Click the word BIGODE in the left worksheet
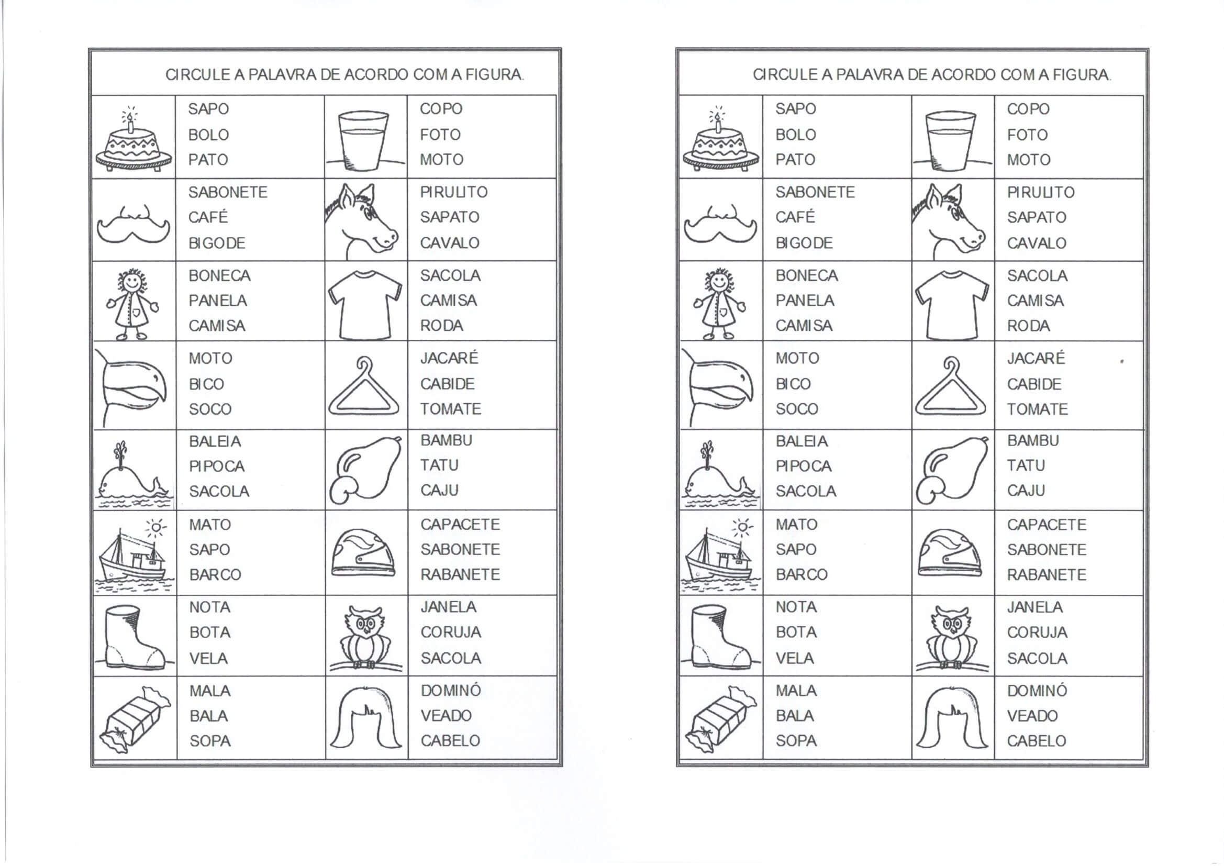coord(216,243)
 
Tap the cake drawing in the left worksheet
coord(133,144)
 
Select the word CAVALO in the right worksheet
coord(1037,243)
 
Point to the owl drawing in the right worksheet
coord(952,637)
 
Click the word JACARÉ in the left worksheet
coord(449,358)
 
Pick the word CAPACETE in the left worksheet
coord(460,525)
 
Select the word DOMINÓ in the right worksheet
coord(1037,691)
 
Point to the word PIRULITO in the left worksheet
coord(454,192)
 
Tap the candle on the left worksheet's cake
coord(130,124)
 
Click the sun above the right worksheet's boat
coord(741,528)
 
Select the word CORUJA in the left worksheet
coord(450,632)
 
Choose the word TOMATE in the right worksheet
coord(1037,409)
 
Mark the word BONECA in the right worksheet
coord(806,276)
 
